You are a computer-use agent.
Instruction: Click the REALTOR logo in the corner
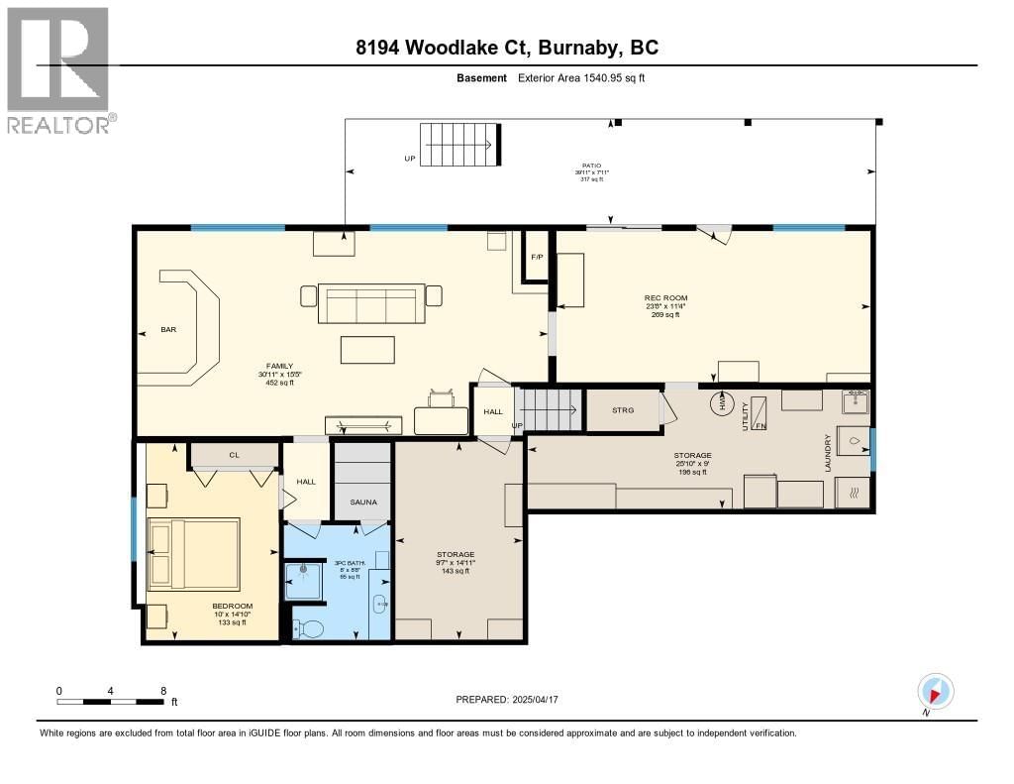click(57, 69)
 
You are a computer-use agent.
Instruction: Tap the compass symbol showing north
click(936, 691)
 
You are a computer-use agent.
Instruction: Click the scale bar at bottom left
click(112, 702)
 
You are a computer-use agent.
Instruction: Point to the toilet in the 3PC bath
click(309, 627)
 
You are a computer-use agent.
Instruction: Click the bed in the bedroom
click(194, 552)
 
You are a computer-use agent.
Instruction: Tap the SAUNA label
click(362, 503)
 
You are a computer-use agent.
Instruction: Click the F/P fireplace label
click(537, 257)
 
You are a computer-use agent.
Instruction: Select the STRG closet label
click(623, 408)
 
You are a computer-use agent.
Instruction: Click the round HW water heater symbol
click(721, 403)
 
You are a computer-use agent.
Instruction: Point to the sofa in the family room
click(370, 304)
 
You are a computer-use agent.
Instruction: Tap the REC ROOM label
click(665, 297)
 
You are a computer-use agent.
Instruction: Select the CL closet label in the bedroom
click(235, 455)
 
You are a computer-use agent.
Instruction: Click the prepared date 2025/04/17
click(513, 700)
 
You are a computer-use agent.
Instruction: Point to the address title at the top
click(507, 47)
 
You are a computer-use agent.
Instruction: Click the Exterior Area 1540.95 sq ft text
click(581, 77)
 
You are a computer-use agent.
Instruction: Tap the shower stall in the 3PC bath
click(303, 581)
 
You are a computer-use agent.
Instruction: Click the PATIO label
click(591, 166)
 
